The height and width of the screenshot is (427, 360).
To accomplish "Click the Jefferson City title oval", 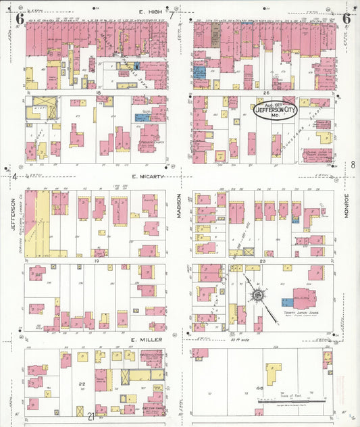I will point(274,110).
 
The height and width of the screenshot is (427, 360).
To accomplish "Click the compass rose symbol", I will point(257,295).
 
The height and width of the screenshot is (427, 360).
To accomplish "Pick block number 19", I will point(97,259).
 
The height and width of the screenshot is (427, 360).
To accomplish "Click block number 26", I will point(267,92).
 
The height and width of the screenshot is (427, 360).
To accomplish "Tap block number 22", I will point(82,384).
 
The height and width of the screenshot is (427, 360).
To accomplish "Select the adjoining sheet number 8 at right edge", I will point(353,164).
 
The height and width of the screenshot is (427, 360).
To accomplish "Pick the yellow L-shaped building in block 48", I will point(274,372).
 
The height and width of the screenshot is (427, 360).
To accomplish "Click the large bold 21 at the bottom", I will point(91,416).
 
